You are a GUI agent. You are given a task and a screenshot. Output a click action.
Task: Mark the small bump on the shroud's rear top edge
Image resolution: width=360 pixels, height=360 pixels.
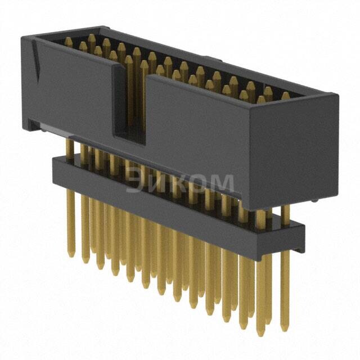tap(209, 58)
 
